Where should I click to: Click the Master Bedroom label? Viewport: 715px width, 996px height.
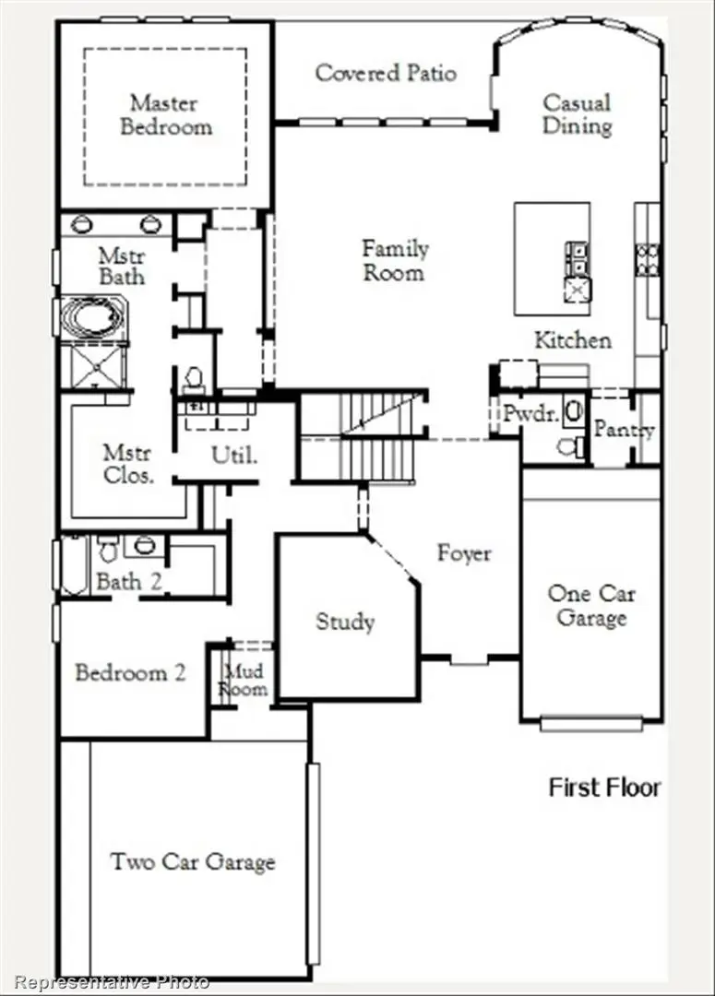(x=165, y=115)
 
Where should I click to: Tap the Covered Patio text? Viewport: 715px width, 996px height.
(x=386, y=73)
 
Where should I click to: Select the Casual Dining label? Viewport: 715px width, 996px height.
(x=577, y=114)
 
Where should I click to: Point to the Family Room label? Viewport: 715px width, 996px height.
(x=395, y=261)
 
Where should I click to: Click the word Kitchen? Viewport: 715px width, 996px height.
(x=573, y=340)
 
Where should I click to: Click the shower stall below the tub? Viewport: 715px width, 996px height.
(x=93, y=366)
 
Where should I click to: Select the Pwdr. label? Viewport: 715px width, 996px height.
(x=530, y=414)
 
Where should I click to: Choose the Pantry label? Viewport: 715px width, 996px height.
(x=624, y=430)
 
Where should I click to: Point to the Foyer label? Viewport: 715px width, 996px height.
(x=464, y=553)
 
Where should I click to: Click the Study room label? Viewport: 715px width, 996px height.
(x=345, y=622)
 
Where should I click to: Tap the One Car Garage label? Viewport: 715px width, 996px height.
(x=591, y=606)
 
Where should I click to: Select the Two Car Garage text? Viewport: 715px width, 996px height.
(x=193, y=862)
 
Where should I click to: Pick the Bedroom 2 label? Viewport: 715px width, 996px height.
(x=130, y=672)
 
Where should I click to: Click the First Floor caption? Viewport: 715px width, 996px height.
(x=605, y=788)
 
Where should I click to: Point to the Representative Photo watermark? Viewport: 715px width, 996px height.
(x=112, y=982)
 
